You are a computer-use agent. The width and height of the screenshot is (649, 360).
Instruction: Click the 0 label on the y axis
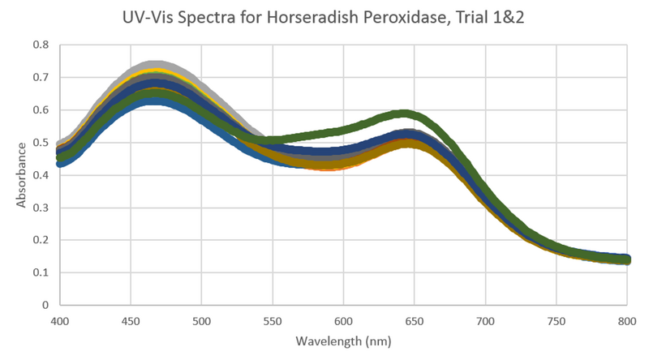coord(45,305)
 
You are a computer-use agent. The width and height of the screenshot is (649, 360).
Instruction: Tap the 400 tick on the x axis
coord(59,321)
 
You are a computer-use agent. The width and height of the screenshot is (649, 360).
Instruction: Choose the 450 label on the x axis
coord(131,321)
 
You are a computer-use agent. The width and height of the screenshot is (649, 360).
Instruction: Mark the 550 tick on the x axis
coord(273,321)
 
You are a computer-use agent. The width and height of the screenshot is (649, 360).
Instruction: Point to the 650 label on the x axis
coord(415,321)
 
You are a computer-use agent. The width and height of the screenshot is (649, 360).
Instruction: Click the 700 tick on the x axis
coord(485,321)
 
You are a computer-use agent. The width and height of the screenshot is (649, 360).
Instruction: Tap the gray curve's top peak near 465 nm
coord(153,64)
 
